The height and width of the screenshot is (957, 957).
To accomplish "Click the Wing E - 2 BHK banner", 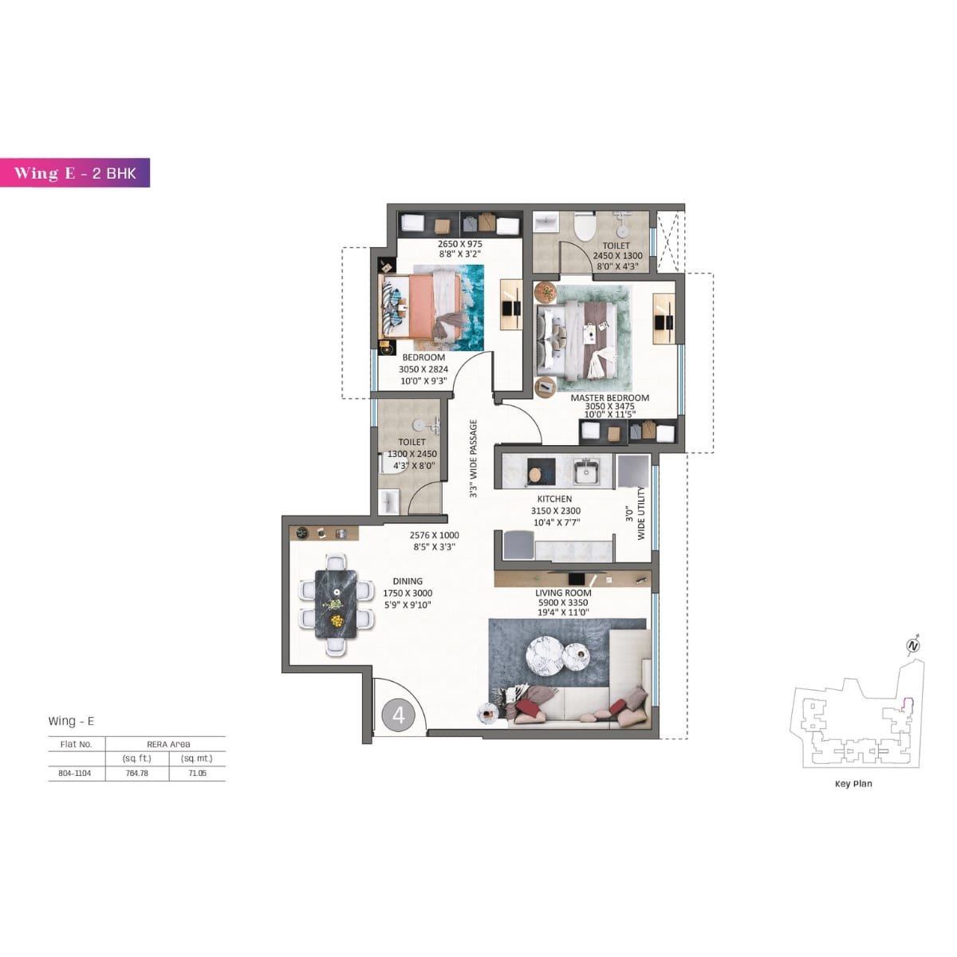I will point(75,173).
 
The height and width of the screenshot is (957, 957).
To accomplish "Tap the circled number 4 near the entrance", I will point(399,715).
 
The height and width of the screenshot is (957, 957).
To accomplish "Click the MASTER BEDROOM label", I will point(609,397).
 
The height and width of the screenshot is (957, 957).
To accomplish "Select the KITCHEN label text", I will point(554,499).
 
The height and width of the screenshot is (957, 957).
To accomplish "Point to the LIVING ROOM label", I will point(563,593).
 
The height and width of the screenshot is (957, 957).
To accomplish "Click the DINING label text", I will point(408,581).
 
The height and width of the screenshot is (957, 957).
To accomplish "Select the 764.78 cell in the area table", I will point(137,773).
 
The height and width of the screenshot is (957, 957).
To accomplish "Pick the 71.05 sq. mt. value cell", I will point(196,773).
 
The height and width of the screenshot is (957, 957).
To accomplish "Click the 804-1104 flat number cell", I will point(77,773).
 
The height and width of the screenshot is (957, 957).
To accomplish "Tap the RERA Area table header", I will point(168,743).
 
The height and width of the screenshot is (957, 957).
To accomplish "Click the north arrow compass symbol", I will point(914,645).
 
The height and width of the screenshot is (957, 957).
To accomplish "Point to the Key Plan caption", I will point(853,784).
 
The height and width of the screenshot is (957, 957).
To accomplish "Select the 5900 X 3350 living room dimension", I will point(563,603).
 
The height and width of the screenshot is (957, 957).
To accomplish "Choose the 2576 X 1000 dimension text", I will point(435,536).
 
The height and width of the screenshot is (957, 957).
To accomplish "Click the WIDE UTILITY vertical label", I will point(641,514).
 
